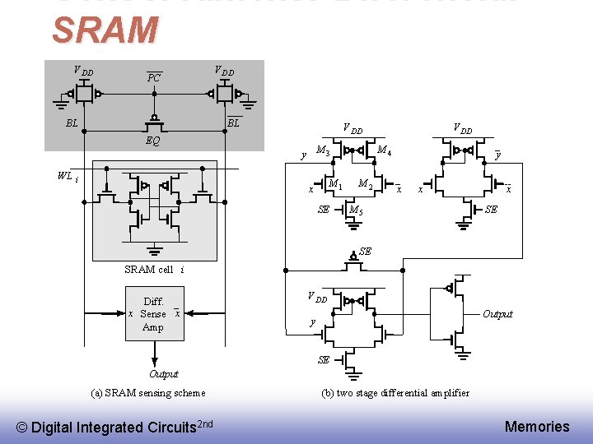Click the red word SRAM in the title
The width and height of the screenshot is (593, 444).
click(105, 30)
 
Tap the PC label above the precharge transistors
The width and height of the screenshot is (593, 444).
click(154, 78)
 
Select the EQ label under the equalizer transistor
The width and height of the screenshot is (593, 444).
click(152, 141)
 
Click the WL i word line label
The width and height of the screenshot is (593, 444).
click(68, 176)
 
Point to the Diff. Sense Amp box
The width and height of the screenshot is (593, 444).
click(153, 314)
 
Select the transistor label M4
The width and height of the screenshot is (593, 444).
click(384, 151)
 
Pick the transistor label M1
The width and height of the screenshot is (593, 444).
click(336, 184)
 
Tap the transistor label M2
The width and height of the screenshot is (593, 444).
click(366, 184)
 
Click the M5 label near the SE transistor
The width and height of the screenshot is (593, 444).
click(356, 211)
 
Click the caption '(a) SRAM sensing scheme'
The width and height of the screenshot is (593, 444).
click(148, 393)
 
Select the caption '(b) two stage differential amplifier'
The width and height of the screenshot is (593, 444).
click(395, 393)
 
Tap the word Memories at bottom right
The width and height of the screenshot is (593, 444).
click(537, 426)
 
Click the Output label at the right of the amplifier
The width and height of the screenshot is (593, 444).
click(497, 314)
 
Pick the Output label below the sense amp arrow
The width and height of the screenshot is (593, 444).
click(163, 374)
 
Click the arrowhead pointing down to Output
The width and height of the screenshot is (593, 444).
click(154, 359)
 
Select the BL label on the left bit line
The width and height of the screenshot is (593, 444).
click(72, 123)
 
